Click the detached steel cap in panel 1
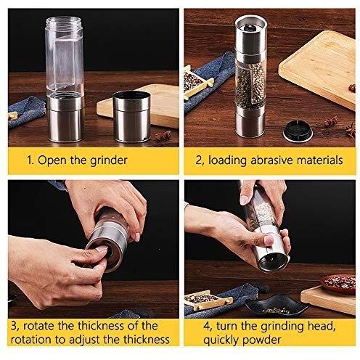pos(131,116)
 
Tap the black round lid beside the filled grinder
pos(298,131)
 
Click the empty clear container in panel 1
pos(65,56)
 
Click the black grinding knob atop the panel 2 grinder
pos(250,28)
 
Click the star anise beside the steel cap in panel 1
pos(163,136)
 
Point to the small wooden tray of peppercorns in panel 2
pos(197,83)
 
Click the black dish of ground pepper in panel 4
pos(277,306)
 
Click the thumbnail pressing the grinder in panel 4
pos(269,240)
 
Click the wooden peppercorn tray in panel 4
pos(208,300)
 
